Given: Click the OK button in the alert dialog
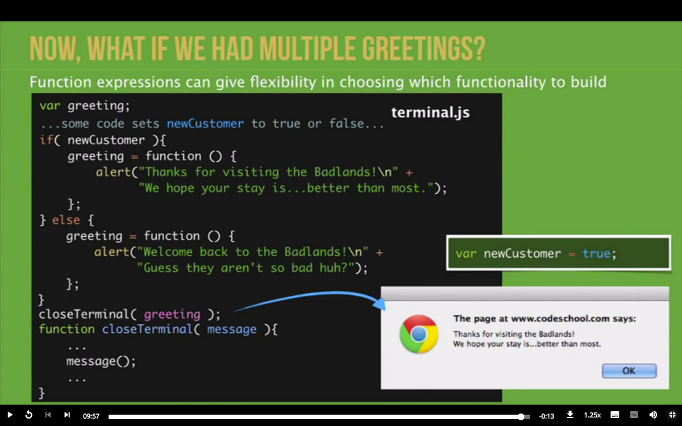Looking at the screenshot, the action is click(x=629, y=370).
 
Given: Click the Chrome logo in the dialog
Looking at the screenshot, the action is click(x=419, y=334).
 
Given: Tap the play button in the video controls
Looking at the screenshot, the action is click(x=10, y=415).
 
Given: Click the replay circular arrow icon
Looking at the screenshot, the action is click(x=28, y=415).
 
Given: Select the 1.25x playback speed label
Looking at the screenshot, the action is click(x=592, y=415).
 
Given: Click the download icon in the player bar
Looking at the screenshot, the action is click(x=570, y=415).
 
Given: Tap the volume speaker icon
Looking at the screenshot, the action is click(x=653, y=415).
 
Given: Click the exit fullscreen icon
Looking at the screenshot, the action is click(x=672, y=415).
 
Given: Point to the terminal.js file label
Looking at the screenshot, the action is click(x=431, y=112).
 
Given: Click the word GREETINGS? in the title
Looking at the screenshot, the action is click(x=423, y=49).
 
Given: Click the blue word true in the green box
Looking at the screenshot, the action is click(x=596, y=253).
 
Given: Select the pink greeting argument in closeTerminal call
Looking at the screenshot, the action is click(x=172, y=315).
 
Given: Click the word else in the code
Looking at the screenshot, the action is click(x=66, y=220).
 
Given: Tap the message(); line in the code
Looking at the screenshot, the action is click(x=101, y=361).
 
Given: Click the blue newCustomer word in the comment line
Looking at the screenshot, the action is click(x=205, y=123).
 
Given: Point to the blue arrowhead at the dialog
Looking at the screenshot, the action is click(x=380, y=304).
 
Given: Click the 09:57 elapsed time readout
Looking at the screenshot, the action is click(x=91, y=416).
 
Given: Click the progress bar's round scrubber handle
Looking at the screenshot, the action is click(x=521, y=416).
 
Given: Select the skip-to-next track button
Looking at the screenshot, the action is click(x=67, y=415).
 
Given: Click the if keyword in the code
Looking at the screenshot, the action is click(x=45, y=140).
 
